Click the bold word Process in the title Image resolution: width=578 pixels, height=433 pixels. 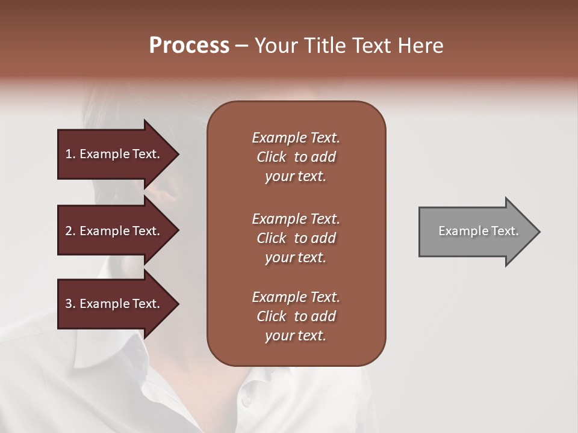189,46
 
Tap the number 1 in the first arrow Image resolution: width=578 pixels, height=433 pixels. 69,154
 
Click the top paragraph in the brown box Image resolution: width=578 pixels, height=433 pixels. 296,157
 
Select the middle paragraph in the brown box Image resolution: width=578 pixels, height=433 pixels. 296,238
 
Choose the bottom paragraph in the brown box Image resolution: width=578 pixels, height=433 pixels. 296,316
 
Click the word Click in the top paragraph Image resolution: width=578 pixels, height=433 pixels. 271,157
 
